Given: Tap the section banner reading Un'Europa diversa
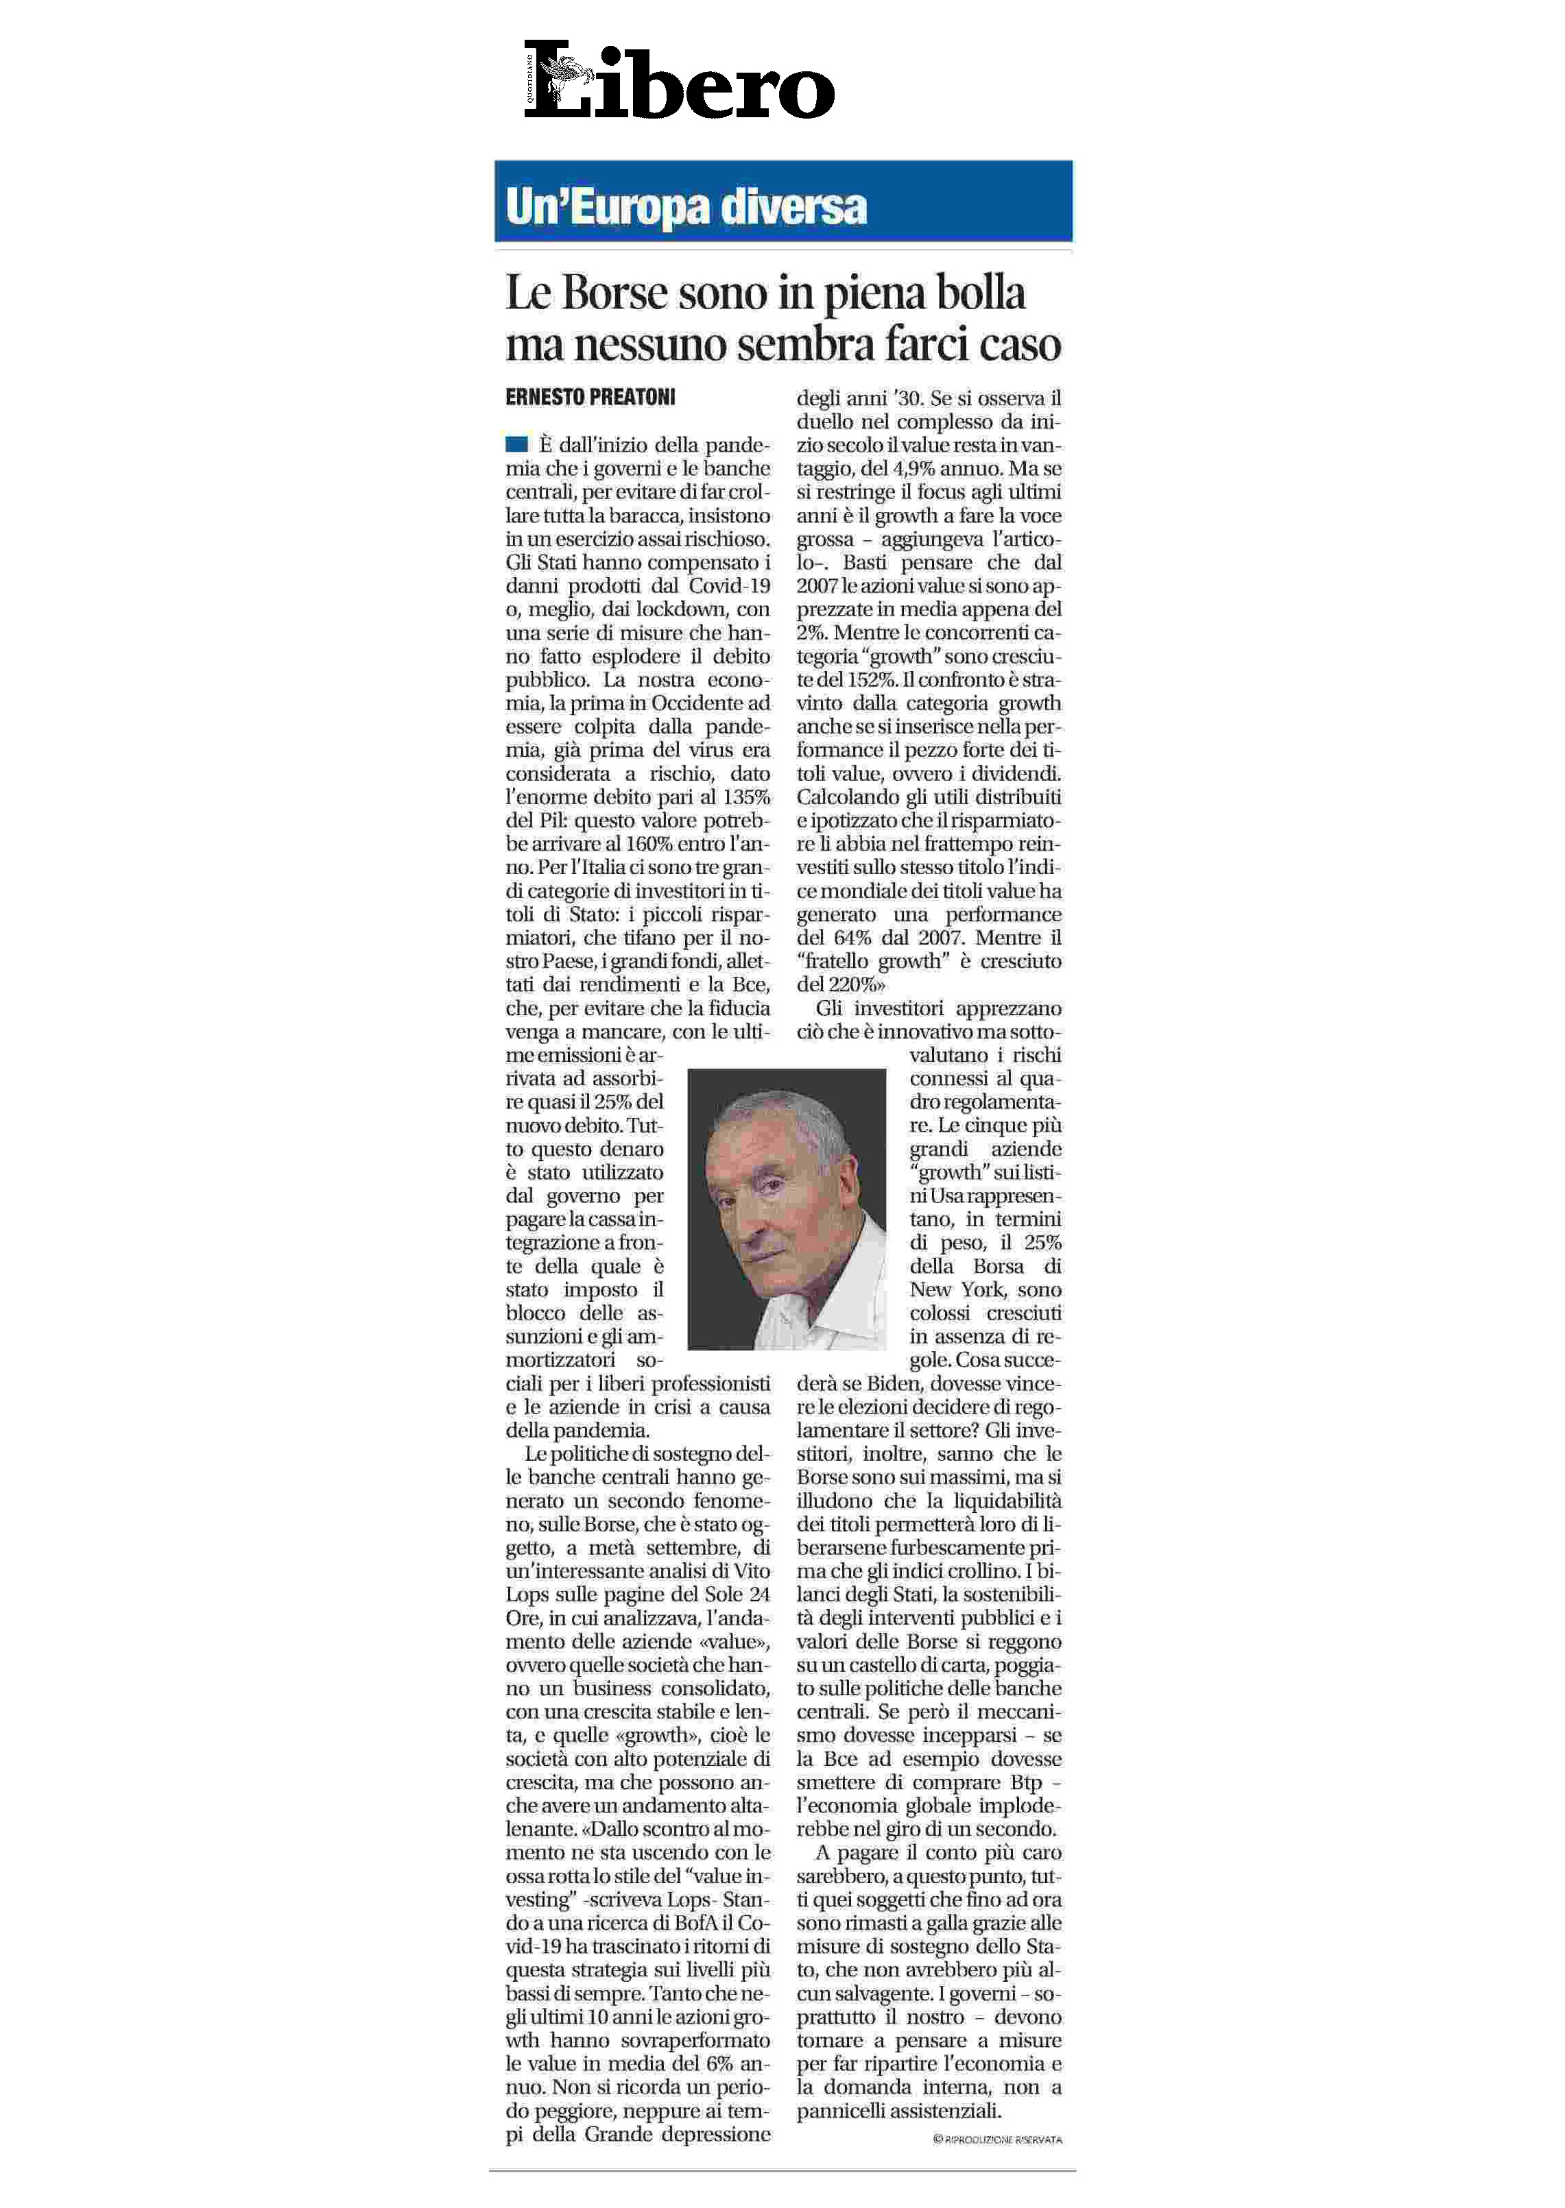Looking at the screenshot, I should coord(686,206).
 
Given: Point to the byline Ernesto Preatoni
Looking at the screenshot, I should coord(590,397).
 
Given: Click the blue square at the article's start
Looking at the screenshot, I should coord(516,444).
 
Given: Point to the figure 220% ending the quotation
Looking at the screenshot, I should coord(852,984).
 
